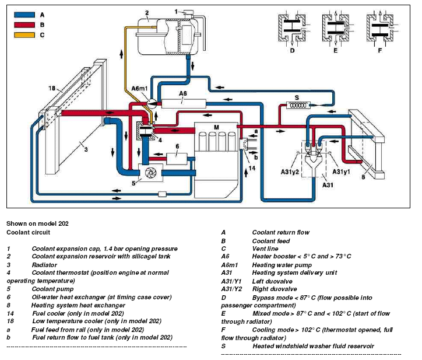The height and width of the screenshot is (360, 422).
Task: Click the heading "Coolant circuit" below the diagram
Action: (29, 232)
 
